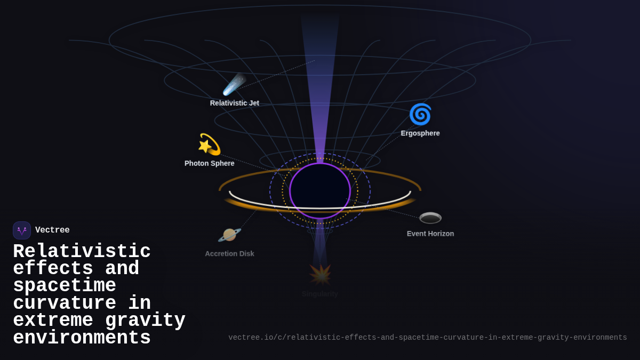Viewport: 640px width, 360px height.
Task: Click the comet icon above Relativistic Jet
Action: (x=234, y=84)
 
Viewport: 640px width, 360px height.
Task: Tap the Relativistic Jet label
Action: (x=235, y=103)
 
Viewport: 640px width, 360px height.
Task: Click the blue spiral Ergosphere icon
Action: (x=420, y=114)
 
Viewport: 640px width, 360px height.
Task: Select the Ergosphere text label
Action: (x=420, y=133)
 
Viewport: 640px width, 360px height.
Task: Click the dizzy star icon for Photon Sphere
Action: (x=209, y=145)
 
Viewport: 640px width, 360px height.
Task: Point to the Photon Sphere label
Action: (x=210, y=163)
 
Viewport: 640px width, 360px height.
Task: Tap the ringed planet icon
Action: (x=230, y=235)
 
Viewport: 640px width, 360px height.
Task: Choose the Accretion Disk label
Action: (x=229, y=254)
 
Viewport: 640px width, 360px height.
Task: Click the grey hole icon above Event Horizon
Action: (x=430, y=218)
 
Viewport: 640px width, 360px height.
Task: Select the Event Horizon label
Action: (x=430, y=234)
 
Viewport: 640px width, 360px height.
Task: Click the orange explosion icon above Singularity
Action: (x=321, y=275)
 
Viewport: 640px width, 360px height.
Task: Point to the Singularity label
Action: (x=320, y=294)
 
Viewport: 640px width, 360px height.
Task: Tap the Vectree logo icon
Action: (x=22, y=230)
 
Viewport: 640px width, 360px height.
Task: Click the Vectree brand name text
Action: (x=52, y=230)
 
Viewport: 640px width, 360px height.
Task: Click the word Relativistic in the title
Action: (x=82, y=251)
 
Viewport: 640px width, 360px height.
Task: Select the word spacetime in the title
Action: (x=65, y=286)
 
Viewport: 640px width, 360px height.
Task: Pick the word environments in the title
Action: (x=82, y=338)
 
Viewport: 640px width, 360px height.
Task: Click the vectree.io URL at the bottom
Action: (x=428, y=338)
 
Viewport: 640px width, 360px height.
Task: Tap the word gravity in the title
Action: (x=145, y=321)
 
